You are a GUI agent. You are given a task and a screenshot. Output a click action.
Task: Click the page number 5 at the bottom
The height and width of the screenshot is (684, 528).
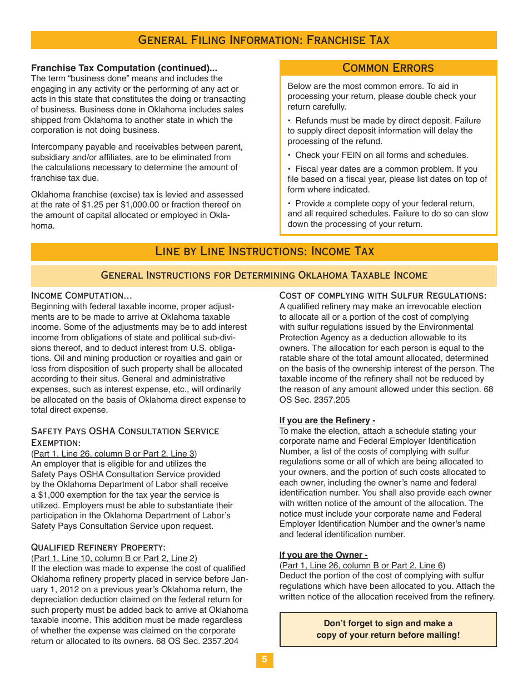[x=265, y=660]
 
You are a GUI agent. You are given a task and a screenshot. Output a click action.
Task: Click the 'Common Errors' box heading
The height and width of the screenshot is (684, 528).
[x=388, y=68]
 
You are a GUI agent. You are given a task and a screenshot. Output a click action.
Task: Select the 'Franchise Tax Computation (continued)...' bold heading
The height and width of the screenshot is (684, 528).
[x=124, y=68]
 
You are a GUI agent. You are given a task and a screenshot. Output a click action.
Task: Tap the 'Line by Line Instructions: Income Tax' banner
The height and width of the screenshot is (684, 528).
[x=264, y=251]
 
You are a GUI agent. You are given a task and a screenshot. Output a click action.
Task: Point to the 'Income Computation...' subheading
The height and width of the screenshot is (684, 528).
[x=81, y=295]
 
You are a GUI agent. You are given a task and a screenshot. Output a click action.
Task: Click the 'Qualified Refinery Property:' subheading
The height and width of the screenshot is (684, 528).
[x=98, y=547]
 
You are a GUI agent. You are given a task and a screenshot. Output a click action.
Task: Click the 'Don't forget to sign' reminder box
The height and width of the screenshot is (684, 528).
[x=388, y=630]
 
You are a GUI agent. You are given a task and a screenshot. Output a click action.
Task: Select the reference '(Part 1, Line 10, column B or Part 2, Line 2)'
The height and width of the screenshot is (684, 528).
[x=114, y=558]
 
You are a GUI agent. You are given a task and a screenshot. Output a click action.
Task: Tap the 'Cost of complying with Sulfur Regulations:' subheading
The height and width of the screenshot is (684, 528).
[x=383, y=295]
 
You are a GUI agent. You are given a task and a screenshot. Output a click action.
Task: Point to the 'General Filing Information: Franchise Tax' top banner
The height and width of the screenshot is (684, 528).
[x=263, y=40]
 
